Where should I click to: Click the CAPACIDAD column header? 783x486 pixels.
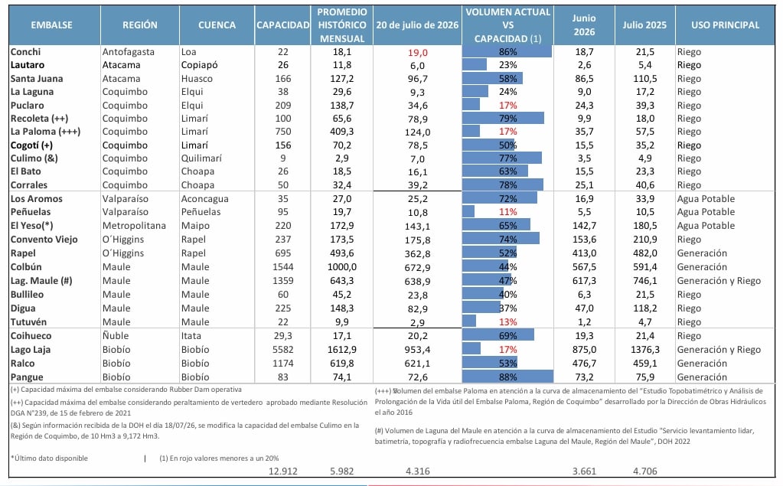(x=282, y=25)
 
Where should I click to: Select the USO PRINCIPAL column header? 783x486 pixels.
(x=725, y=25)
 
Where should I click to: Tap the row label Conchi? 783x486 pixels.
(x=25, y=52)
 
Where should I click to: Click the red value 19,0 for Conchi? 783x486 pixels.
(x=417, y=53)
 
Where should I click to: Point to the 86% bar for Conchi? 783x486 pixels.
(x=507, y=51)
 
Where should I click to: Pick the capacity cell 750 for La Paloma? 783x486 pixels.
(x=283, y=132)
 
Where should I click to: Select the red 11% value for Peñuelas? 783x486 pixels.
(x=508, y=212)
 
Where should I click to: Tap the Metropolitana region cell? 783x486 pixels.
(x=134, y=225)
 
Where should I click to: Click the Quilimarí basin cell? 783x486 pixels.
(x=201, y=158)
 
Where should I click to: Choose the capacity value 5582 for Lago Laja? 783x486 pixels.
(x=283, y=350)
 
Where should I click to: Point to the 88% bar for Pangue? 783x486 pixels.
(x=508, y=377)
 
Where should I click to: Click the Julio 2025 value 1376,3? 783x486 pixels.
(x=644, y=350)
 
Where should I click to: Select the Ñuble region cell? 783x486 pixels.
(x=116, y=336)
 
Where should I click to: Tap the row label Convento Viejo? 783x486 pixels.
(x=44, y=240)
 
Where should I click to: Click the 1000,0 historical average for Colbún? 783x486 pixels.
(x=342, y=266)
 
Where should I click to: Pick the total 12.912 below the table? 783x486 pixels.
(x=283, y=471)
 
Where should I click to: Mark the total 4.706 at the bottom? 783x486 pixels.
(x=644, y=471)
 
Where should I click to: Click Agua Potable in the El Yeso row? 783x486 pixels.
(x=706, y=225)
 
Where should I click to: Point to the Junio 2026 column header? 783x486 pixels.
(x=584, y=25)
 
